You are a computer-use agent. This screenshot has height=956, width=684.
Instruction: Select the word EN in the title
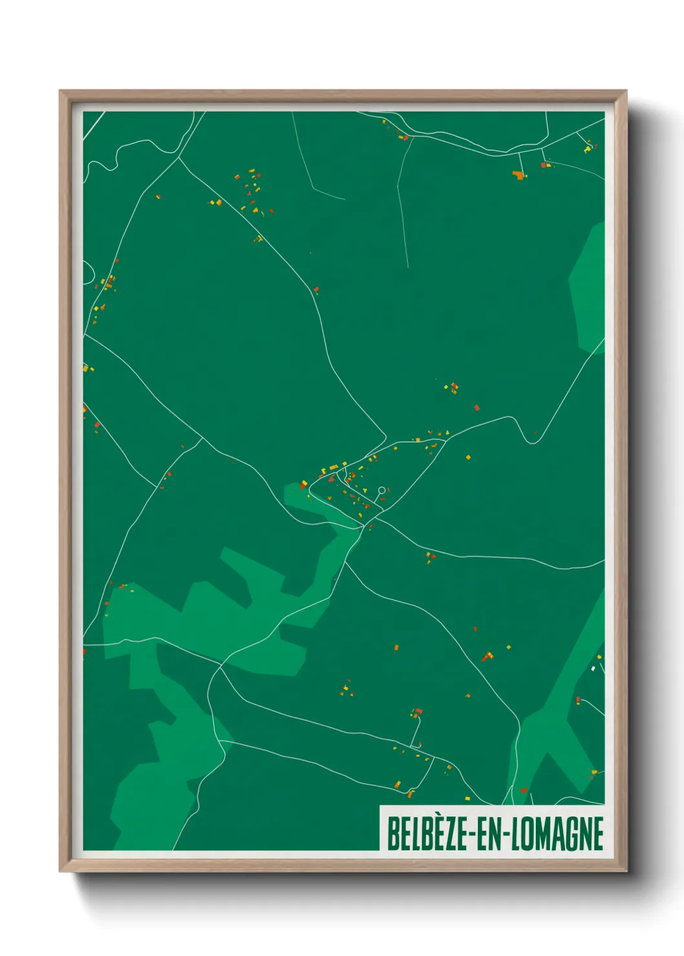tap(489, 834)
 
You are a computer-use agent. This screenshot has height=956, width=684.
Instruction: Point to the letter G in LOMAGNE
tap(568, 834)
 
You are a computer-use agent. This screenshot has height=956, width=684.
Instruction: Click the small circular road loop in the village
tap(381, 490)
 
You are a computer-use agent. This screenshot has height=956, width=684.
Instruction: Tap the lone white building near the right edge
tap(593, 669)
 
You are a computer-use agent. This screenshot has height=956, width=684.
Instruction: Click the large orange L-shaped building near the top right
tap(518, 174)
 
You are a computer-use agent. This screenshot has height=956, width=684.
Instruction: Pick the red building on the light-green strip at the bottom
tap(524, 790)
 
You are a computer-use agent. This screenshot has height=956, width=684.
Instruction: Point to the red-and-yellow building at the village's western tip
tap(303, 483)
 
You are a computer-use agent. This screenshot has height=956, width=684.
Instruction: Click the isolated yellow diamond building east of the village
tap(468, 457)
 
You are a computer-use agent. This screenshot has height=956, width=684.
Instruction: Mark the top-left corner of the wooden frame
tap(60, 91)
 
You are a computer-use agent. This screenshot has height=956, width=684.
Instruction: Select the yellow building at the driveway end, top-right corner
tap(587, 150)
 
